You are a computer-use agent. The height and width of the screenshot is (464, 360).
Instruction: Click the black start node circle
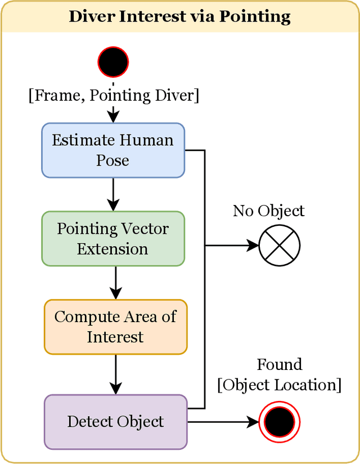(113, 61)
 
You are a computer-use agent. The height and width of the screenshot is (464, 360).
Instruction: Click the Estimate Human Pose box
(113, 150)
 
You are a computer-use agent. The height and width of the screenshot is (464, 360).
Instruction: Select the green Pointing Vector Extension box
(113, 239)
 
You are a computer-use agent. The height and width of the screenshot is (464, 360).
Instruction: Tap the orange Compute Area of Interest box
(115, 327)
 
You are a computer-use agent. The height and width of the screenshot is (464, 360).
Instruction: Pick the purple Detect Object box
(115, 422)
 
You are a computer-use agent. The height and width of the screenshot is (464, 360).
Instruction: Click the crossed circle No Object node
(280, 246)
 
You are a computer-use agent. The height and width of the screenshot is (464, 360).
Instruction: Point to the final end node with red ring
(280, 422)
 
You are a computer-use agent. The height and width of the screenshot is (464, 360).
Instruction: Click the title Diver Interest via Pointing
(180, 16)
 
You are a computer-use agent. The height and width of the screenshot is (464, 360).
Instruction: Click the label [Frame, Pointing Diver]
(113, 95)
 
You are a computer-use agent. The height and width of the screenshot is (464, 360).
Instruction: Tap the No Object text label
(268, 211)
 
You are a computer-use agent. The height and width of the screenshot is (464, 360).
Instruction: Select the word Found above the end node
(280, 364)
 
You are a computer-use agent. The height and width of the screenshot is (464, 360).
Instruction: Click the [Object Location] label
(280, 385)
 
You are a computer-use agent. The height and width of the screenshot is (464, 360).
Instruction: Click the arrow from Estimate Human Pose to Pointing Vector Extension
(113, 194)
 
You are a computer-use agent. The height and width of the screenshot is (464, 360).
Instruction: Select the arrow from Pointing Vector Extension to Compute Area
(115, 283)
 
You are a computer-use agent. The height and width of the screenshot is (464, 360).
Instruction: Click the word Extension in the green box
(113, 249)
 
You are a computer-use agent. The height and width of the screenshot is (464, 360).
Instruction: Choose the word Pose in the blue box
(113, 160)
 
